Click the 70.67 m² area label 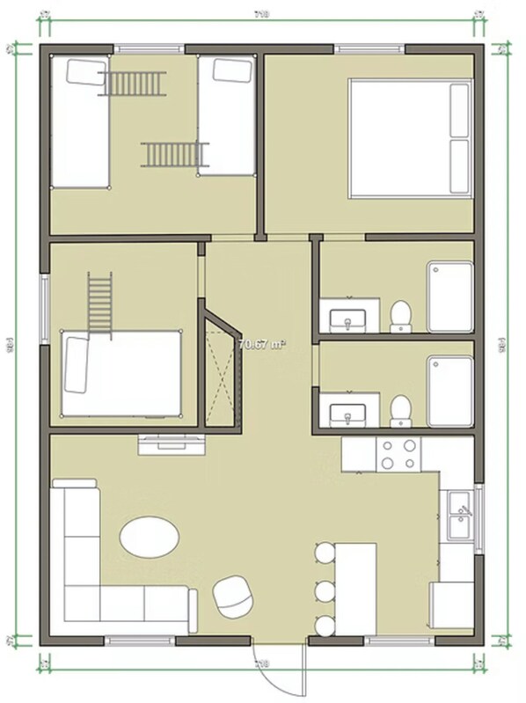click(261, 343)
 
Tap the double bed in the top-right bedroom click(411, 137)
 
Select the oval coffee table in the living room click(150, 536)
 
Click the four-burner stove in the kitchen click(398, 453)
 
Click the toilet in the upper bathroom click(400, 316)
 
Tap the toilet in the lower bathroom click(400, 410)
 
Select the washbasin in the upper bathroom click(348, 318)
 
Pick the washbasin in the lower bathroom click(348, 411)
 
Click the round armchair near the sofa click(232, 595)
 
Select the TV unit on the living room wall click(171, 443)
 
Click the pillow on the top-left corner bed click(86, 71)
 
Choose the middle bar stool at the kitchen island click(325, 589)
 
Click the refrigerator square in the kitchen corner click(451, 604)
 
